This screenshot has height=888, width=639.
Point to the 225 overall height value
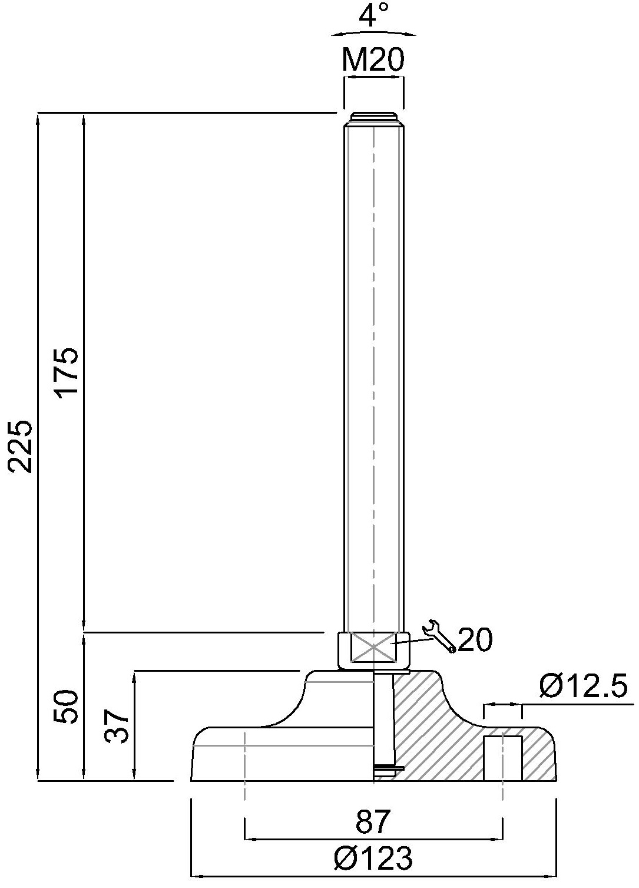pyautogui.click(x=20, y=446)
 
